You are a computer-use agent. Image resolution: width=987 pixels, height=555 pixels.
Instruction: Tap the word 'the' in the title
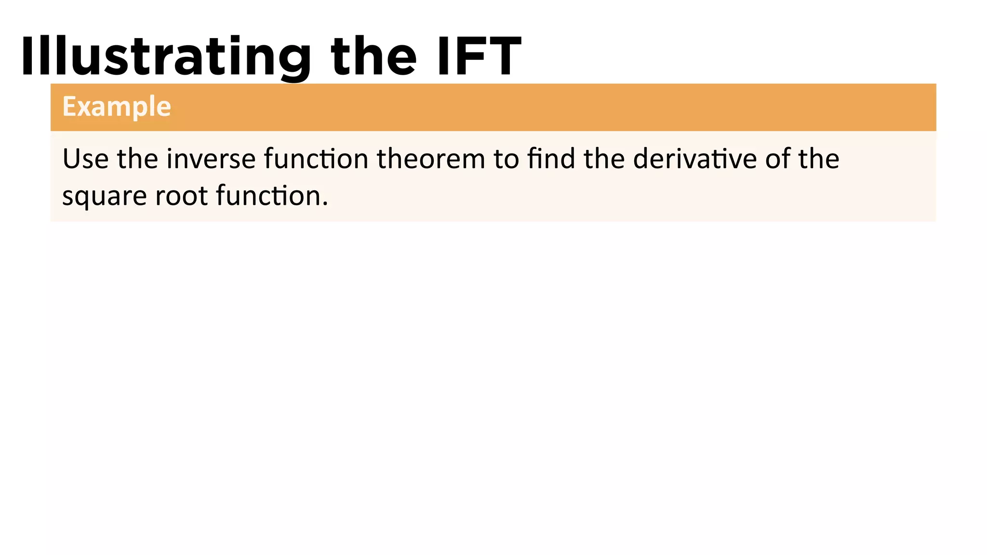point(373,57)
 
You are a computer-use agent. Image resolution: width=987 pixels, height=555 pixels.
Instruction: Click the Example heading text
point(117,106)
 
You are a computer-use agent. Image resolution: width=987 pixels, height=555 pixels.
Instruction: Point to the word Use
point(85,159)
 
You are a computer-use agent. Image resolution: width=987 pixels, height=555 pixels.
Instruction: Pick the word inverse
point(211,159)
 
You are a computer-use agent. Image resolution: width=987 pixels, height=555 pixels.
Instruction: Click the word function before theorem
point(316,159)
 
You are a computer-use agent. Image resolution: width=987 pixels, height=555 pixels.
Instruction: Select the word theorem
point(431,159)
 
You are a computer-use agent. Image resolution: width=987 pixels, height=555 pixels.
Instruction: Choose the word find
point(551,159)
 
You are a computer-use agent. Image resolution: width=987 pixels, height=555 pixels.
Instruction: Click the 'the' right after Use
point(137,159)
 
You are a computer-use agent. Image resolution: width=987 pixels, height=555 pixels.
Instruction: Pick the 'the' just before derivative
point(604,159)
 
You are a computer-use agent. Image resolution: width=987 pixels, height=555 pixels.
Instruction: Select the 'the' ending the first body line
point(819,159)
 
